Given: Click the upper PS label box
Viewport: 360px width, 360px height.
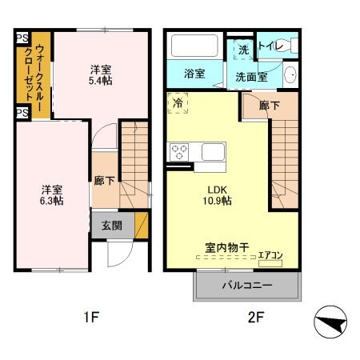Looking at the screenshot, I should pos(22,38).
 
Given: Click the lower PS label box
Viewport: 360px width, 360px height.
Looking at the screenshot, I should pos(22,112).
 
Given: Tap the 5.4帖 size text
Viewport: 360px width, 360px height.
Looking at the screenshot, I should pos(101,82).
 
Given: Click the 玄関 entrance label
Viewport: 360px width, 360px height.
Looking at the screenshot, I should pos(112,226).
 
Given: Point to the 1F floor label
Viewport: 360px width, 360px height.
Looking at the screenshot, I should pos(90,318).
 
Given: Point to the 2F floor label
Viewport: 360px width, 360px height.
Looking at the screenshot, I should pos(254,318).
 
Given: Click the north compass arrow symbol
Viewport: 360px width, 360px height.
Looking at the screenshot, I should pos(330,325).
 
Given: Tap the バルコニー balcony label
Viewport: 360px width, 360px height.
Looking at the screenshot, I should pos(247,286).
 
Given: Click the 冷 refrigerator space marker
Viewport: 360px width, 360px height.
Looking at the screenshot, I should pos(178,103).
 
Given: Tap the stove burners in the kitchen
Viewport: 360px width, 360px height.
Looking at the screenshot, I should pos(178,150).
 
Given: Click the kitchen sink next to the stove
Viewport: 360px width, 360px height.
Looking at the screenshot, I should pos(211,150).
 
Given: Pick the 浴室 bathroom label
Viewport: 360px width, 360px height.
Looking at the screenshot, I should pos(194,74).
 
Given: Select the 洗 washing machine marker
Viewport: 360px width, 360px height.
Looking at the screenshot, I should pos(243,50).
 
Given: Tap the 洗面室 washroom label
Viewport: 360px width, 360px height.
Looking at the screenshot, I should pos(251,77).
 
